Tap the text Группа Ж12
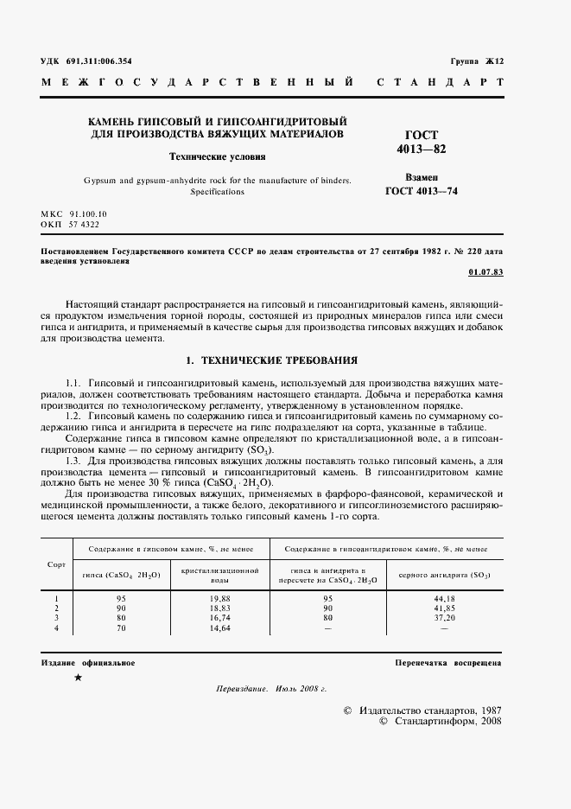pos(476,61)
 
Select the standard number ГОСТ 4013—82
pos(422,143)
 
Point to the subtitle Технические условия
pos(217,157)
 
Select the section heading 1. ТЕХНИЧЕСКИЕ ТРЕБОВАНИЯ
pos(272,358)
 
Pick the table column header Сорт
pos(56,564)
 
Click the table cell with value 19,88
pos(220,598)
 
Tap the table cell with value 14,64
pos(220,628)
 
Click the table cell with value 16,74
pos(220,618)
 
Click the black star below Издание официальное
pos(79,678)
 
